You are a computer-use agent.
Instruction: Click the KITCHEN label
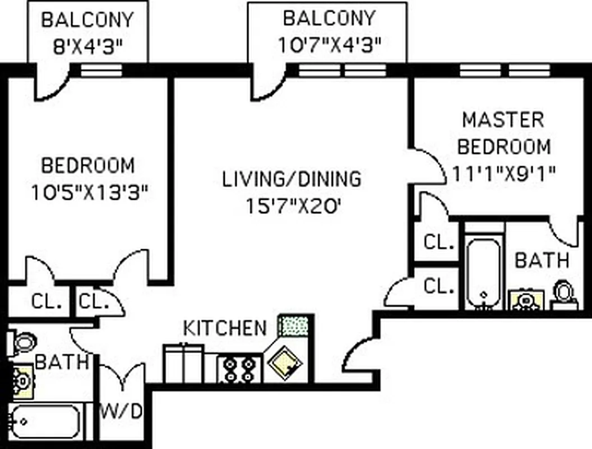(225, 328)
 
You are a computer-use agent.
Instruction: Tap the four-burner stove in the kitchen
(239, 368)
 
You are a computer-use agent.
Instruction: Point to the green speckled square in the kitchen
(294, 326)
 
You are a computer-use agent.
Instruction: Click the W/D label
(122, 411)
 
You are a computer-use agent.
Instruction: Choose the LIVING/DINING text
(292, 179)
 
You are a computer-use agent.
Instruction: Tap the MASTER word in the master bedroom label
(502, 120)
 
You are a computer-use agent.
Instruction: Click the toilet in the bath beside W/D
(22, 342)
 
